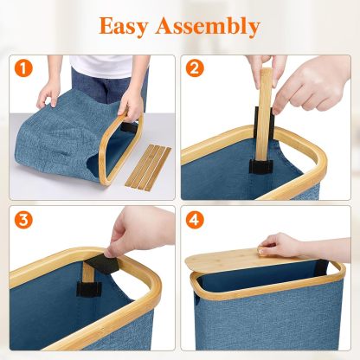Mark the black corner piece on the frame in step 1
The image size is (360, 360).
128,127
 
